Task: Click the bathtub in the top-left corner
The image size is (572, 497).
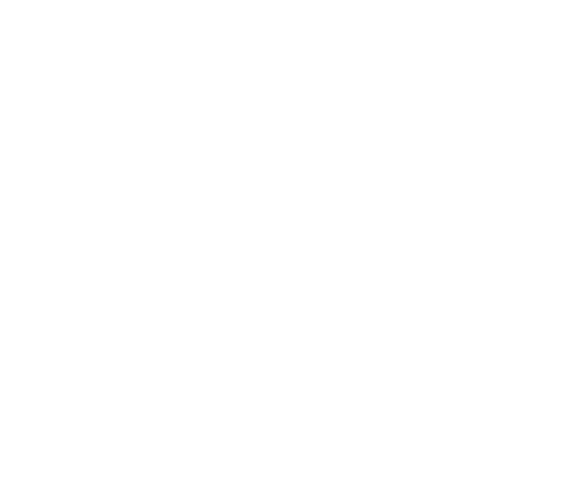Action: pos(92,77)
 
